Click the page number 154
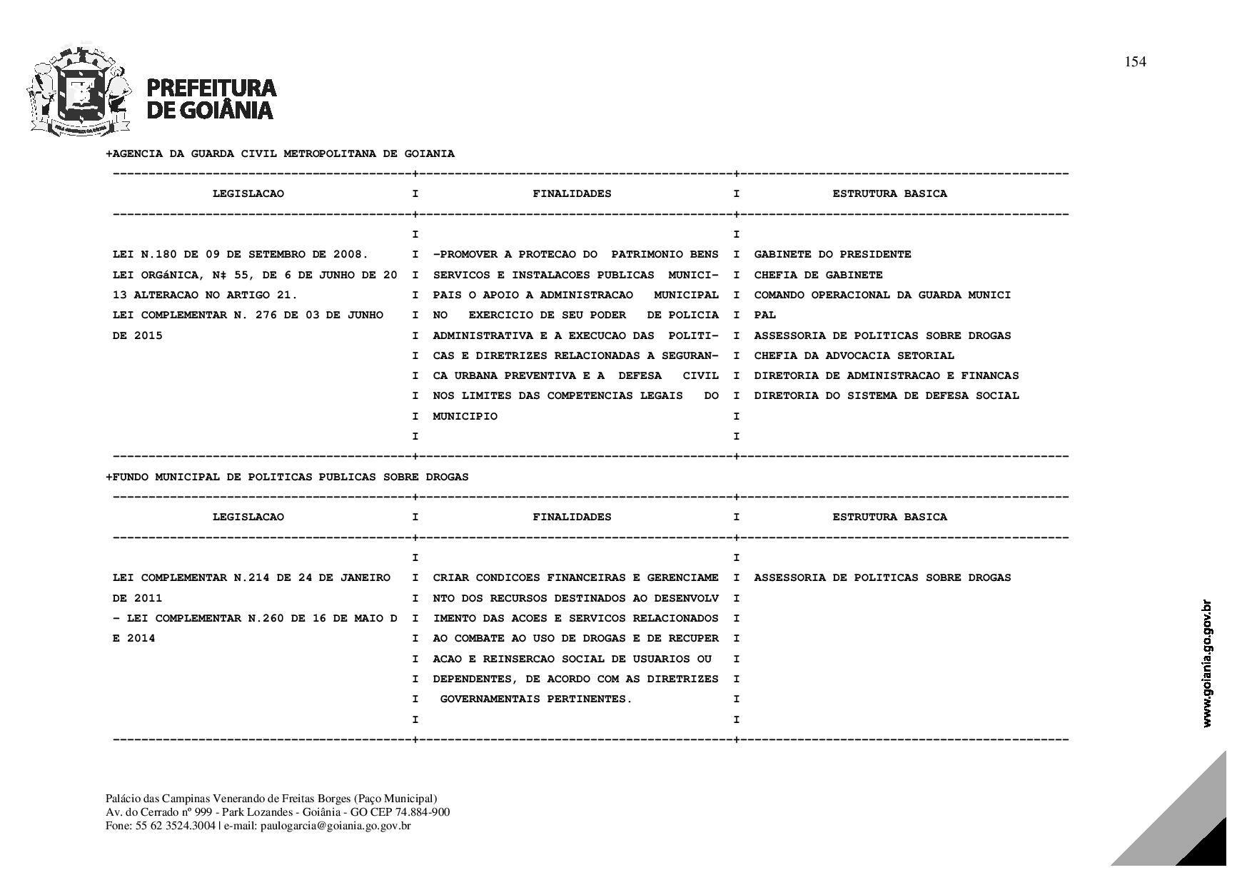[1135, 62]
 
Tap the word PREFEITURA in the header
[211, 88]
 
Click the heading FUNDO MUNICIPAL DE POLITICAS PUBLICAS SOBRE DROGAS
[287, 477]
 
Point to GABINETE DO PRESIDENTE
[832, 255]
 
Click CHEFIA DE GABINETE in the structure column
[818, 275]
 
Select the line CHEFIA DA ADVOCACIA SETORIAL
[854, 355]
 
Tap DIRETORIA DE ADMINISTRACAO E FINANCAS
[886, 375]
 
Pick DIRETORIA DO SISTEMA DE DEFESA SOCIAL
[886, 395]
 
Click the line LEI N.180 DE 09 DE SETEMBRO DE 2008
[241, 255]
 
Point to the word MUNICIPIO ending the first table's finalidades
[465, 416]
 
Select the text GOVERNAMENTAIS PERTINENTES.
[535, 699]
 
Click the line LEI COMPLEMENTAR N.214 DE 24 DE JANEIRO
[251, 577]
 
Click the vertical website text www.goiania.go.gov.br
[1207, 664]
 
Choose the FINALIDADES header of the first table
[572, 193]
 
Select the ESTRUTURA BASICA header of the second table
[889, 517]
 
